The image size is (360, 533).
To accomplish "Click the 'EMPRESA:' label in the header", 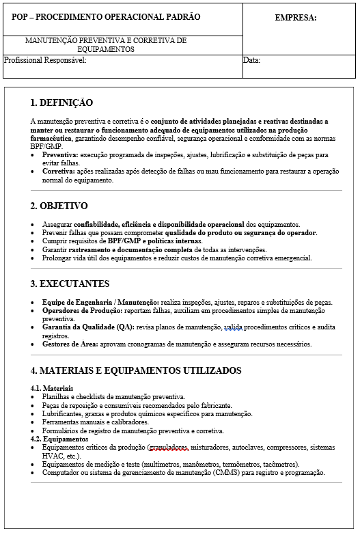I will pos(295,18).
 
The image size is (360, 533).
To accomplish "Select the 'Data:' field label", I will pos(251,60).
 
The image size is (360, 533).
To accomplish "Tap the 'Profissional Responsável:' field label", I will pos(45,60).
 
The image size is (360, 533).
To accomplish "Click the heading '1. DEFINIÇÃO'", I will pos(61,103).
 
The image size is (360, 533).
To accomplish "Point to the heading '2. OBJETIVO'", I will pos(59,206).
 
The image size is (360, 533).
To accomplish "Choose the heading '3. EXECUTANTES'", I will pos(70,284).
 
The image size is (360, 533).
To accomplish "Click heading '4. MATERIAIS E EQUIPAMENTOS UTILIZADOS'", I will pos(136,371).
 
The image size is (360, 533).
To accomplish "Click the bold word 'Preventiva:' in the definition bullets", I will pos(61,155).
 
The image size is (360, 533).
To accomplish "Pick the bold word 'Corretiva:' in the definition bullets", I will pos(59,172).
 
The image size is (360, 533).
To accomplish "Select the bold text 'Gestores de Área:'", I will pos(70,344).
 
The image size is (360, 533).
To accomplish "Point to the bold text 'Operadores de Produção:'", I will pos(82,310).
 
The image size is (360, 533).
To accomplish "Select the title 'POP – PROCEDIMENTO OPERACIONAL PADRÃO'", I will pos(106,17).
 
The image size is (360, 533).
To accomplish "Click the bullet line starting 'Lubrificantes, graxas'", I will pos(147,413).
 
